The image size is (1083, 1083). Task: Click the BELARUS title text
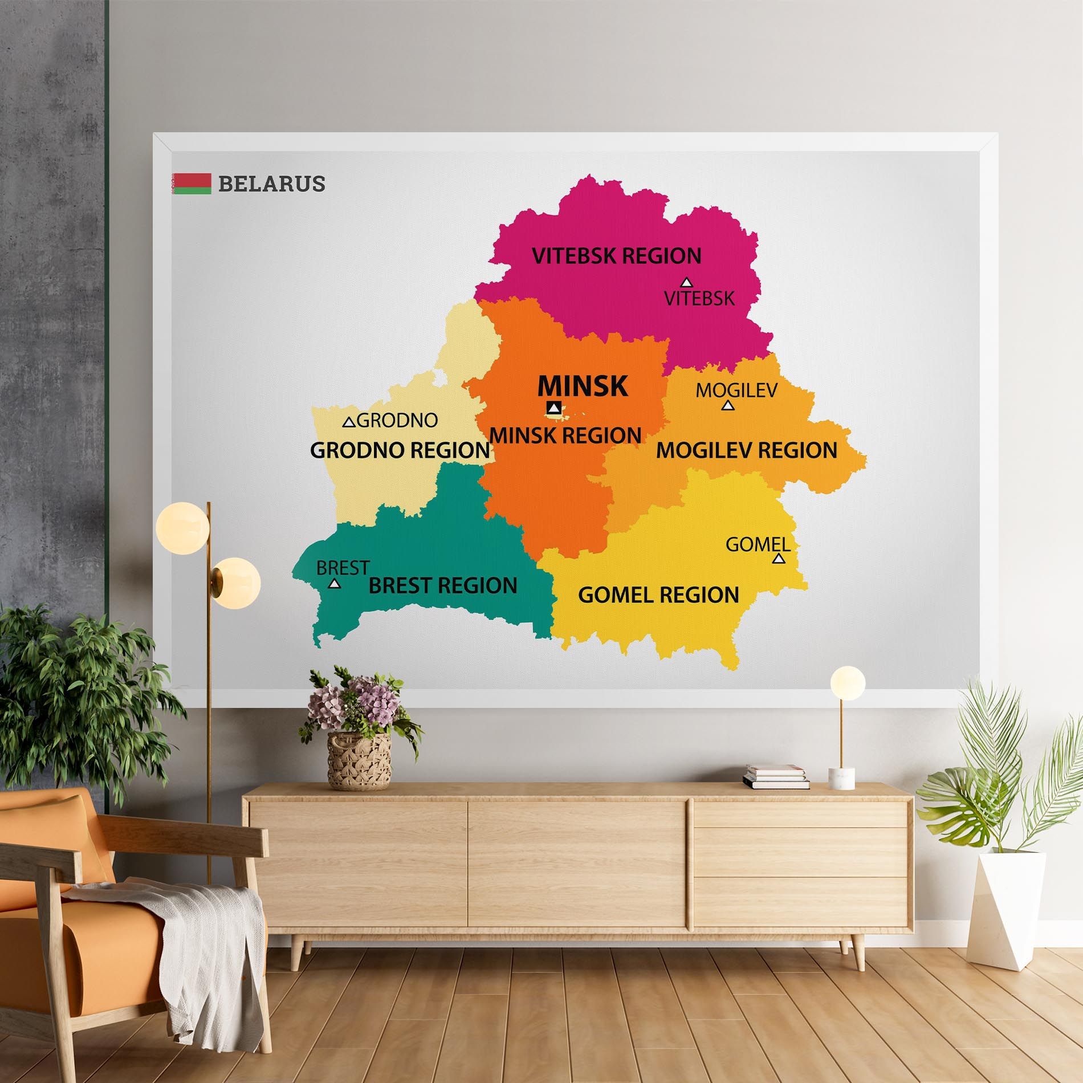coord(271,184)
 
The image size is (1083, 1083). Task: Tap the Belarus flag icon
coord(192,184)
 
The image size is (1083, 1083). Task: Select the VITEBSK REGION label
coord(617,256)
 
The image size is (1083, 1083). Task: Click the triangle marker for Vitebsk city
coord(686,282)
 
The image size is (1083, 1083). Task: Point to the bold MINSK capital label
coord(583,386)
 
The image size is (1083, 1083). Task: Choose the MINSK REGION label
coord(565,435)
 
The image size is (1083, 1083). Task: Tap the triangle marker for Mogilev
coord(727,405)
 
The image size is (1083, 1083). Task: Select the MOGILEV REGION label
coord(747,450)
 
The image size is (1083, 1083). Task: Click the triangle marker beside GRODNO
coord(349,422)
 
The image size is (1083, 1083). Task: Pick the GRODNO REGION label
coord(400,450)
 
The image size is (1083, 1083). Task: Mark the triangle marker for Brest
coord(335,584)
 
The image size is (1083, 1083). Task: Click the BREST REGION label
coord(443,585)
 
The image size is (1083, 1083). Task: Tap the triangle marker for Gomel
coord(779,559)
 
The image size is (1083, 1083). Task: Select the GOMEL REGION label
coord(658,595)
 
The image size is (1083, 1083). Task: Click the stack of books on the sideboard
coord(776,777)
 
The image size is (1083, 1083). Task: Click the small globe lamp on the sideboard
coord(848,682)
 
